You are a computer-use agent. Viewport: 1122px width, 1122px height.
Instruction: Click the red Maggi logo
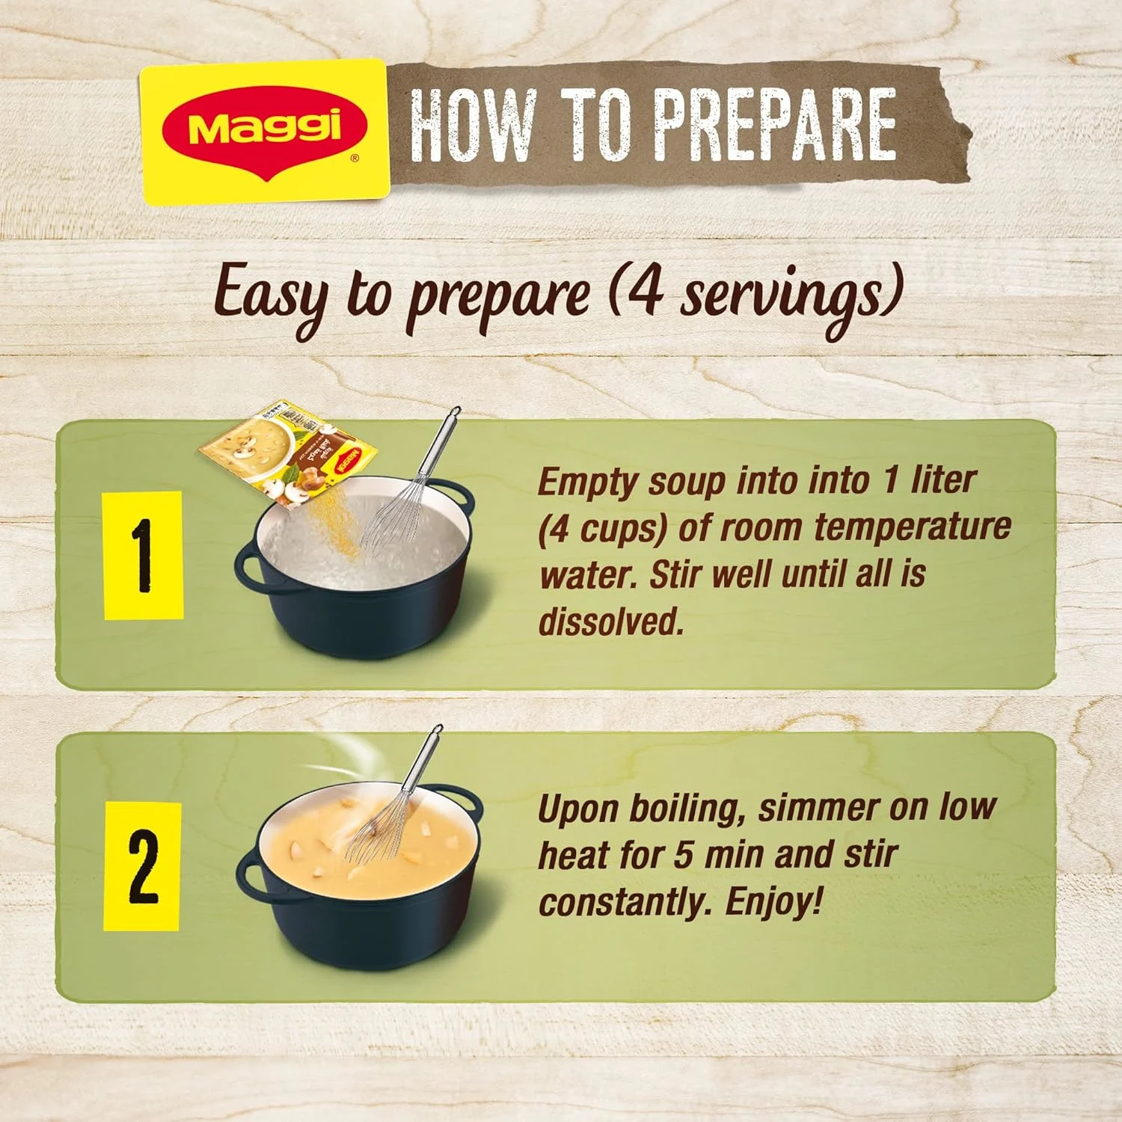point(265,129)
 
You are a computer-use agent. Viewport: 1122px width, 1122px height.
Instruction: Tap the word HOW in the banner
point(473,124)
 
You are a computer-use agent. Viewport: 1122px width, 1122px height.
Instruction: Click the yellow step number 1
point(143,555)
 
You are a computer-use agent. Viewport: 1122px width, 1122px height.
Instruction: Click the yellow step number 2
point(142,865)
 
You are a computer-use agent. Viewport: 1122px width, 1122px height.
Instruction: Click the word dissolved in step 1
point(611,621)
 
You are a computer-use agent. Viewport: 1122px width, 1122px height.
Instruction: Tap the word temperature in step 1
point(912,527)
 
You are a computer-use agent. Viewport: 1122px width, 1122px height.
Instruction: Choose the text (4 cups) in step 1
point(602,529)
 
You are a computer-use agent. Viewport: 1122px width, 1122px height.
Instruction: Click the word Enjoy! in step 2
point(774,901)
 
